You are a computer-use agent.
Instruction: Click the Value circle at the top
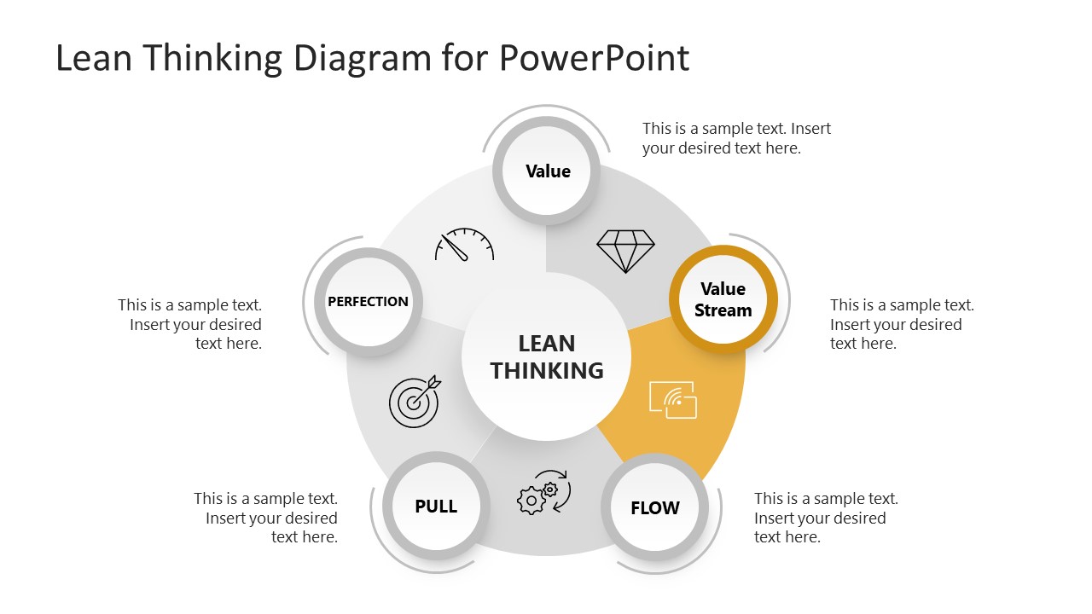[x=548, y=171]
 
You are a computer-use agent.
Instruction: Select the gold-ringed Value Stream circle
[x=723, y=299]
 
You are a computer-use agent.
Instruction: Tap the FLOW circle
[x=655, y=508]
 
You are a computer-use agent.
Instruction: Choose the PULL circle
[x=436, y=506]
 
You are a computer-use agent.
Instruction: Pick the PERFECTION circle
[x=369, y=301]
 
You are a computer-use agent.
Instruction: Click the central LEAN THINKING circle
[x=546, y=356]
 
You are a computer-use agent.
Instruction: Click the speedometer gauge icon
[x=464, y=245]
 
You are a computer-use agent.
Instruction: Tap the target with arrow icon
[x=415, y=401]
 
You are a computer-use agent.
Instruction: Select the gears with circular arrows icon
[x=543, y=493]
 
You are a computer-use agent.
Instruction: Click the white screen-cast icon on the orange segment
[x=673, y=399]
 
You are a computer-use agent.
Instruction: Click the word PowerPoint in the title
[x=594, y=58]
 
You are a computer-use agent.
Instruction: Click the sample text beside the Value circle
[x=736, y=138]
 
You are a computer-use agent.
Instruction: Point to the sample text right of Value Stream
[x=902, y=324]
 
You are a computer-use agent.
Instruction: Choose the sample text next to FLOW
[x=826, y=518]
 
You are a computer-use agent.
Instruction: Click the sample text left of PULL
[x=266, y=518]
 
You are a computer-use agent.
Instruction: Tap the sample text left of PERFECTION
[x=190, y=324]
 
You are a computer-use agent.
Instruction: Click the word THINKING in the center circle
[x=547, y=371]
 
